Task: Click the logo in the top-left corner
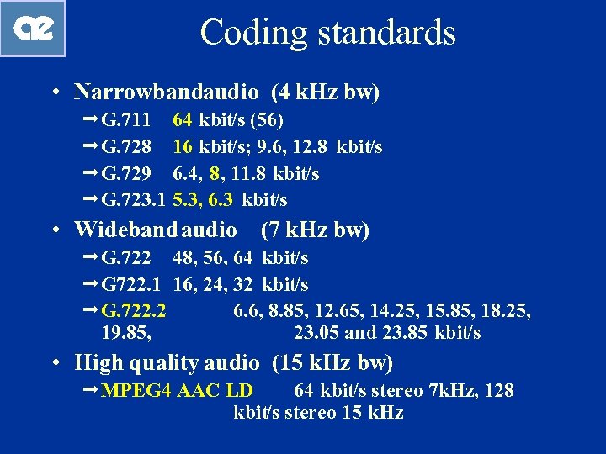(x=33, y=29)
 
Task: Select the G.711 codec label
(x=126, y=121)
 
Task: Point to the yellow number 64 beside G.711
(x=183, y=121)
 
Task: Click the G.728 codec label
(x=126, y=147)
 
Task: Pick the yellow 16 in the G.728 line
(x=183, y=147)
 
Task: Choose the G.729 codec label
(x=126, y=173)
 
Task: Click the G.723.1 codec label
(x=133, y=199)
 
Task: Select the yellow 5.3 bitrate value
(x=187, y=199)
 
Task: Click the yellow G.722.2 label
(x=133, y=310)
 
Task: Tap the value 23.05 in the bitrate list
(x=316, y=333)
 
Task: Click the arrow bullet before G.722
(x=91, y=258)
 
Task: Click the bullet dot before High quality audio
(x=55, y=363)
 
